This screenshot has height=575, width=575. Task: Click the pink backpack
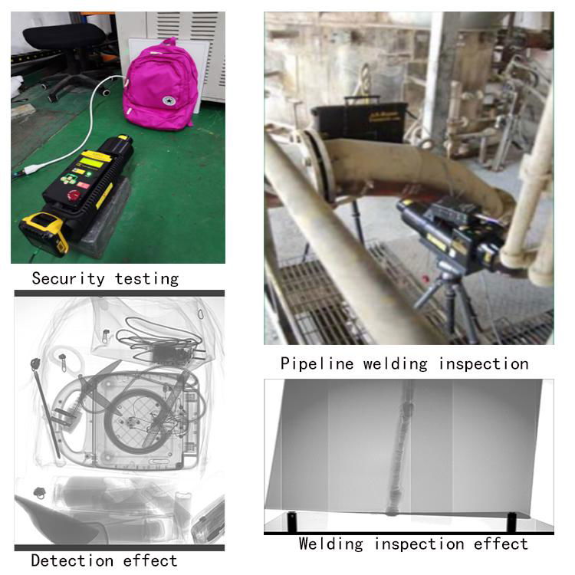point(160,85)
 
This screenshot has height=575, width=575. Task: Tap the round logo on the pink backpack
point(169,100)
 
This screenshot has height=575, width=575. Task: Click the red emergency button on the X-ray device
point(73,195)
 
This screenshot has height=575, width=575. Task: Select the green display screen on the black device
point(91,162)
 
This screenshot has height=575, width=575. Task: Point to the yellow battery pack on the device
point(44,232)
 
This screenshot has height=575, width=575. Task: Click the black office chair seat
point(64,36)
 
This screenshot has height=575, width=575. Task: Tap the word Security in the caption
point(68,278)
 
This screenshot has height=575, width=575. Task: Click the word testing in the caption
point(146,279)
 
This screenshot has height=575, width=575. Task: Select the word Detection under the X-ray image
point(72,560)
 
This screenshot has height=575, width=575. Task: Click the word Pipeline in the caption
point(317,363)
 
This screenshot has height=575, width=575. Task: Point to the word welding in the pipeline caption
point(396,364)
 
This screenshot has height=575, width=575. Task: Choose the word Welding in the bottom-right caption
point(330,544)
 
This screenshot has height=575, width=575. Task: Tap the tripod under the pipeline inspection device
point(449,304)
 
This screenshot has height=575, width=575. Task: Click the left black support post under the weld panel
point(291,522)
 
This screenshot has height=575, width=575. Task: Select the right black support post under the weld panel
point(511,522)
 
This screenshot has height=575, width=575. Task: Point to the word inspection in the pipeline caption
point(484,364)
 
